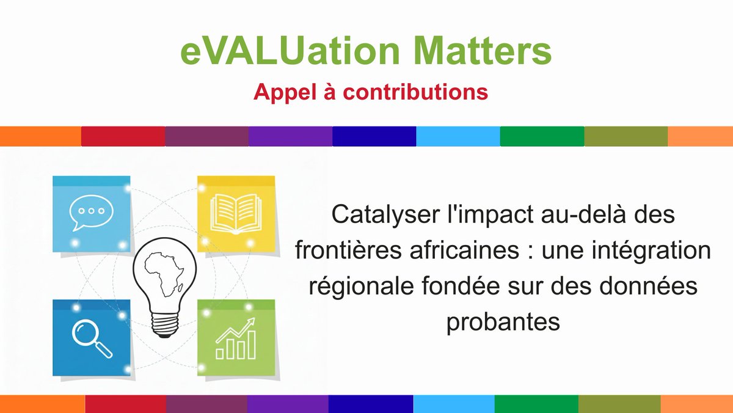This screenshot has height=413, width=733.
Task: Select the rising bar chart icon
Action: click(x=236, y=338)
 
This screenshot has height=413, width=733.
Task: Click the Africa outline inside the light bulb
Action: click(x=164, y=274)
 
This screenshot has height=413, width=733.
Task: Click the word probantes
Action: click(x=503, y=322)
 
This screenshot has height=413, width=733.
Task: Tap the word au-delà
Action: click(x=587, y=215)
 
